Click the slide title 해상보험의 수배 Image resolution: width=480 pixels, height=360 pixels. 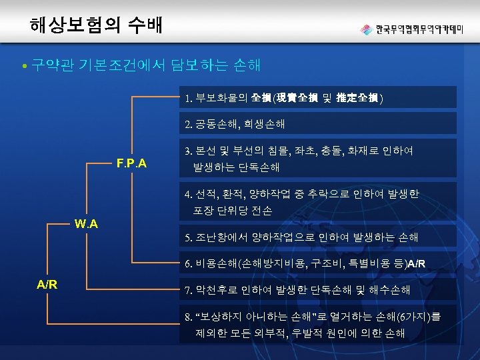click(x=95, y=25)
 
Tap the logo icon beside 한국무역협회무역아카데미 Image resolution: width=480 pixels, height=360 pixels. click(x=366, y=29)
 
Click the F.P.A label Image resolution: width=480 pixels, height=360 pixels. click(x=131, y=163)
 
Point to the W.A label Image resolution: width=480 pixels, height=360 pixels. click(x=86, y=223)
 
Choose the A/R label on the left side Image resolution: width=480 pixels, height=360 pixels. click(x=47, y=284)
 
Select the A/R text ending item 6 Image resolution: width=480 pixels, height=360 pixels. click(x=416, y=264)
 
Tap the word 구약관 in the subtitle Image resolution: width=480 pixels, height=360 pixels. click(x=53, y=65)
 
